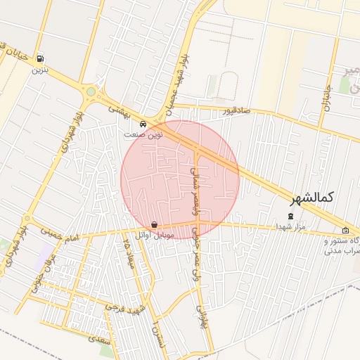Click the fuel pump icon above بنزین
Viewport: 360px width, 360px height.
click(39, 59)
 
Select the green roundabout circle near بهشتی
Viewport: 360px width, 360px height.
click(90, 91)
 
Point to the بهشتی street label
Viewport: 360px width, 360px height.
click(121, 111)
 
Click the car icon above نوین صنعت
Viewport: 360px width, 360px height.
click(143, 124)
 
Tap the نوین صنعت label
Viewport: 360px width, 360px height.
click(143, 134)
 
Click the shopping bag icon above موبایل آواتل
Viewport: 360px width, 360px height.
click(154, 224)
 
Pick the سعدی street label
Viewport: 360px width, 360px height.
click(98, 338)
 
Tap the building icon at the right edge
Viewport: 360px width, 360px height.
click(345, 231)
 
